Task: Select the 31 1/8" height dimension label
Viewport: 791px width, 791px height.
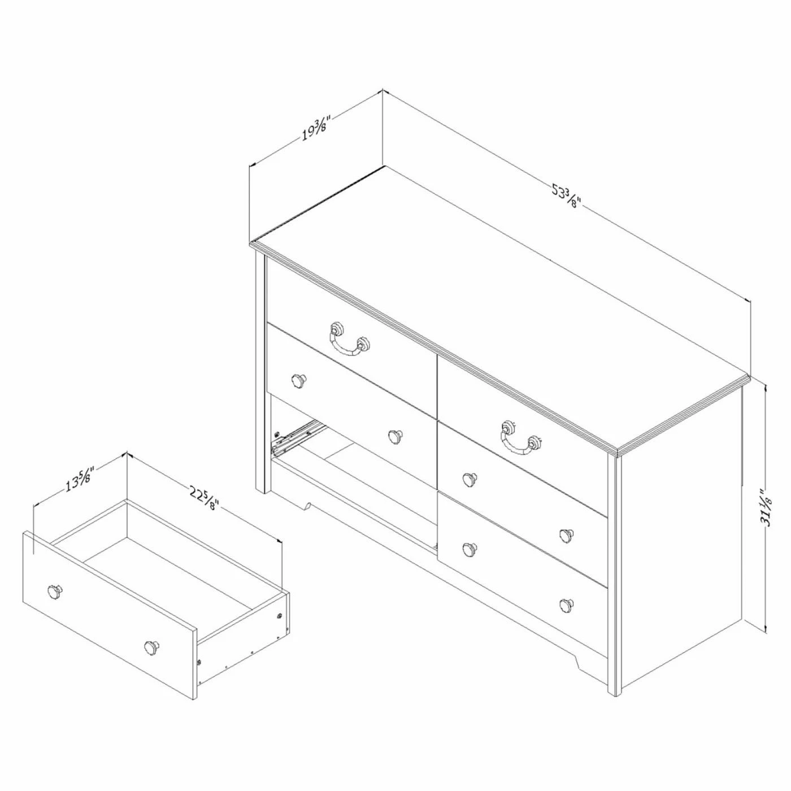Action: (x=767, y=507)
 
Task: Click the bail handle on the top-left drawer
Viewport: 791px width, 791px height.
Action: (x=346, y=340)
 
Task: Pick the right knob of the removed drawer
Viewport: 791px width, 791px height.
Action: (x=151, y=646)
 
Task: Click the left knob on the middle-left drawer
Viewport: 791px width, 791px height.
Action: (x=298, y=381)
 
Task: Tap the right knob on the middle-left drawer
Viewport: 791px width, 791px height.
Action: (x=395, y=436)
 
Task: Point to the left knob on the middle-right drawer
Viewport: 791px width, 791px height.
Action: (x=468, y=479)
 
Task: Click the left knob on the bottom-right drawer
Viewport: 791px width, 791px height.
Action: (x=468, y=548)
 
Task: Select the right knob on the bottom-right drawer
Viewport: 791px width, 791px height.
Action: (x=565, y=604)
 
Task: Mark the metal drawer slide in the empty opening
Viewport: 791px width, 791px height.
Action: (x=298, y=437)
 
